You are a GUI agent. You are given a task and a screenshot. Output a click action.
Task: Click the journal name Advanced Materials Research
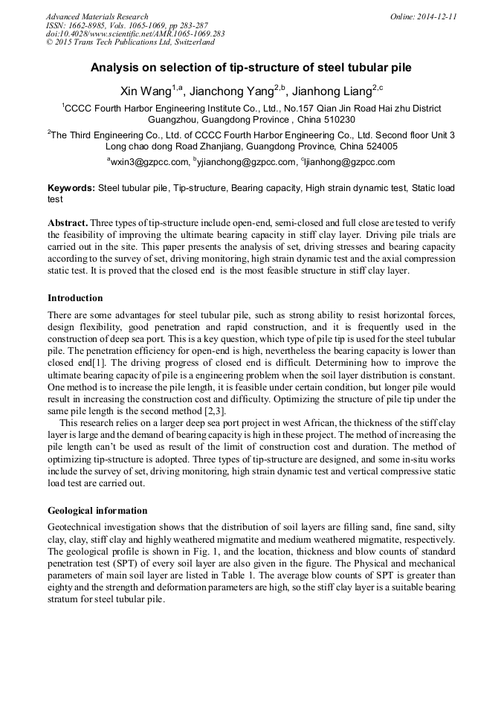pyautogui.click(x=97, y=16)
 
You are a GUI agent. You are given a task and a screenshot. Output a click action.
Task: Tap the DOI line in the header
pyautogui.click(x=135, y=33)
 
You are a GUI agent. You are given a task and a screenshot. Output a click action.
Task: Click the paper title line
pyautogui.click(x=251, y=68)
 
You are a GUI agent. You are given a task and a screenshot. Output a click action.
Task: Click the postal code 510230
pyautogui.click(x=337, y=120)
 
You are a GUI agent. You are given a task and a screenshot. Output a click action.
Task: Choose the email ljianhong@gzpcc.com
pyautogui.click(x=349, y=162)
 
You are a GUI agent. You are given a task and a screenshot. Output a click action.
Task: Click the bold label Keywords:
pyautogui.click(x=71, y=189)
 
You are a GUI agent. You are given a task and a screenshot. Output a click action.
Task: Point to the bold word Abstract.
pyautogui.click(x=68, y=223)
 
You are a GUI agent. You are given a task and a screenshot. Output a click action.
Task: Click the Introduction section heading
pyautogui.click(x=75, y=298)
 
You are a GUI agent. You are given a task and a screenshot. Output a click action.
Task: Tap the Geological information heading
pyautogui.click(x=97, y=511)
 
